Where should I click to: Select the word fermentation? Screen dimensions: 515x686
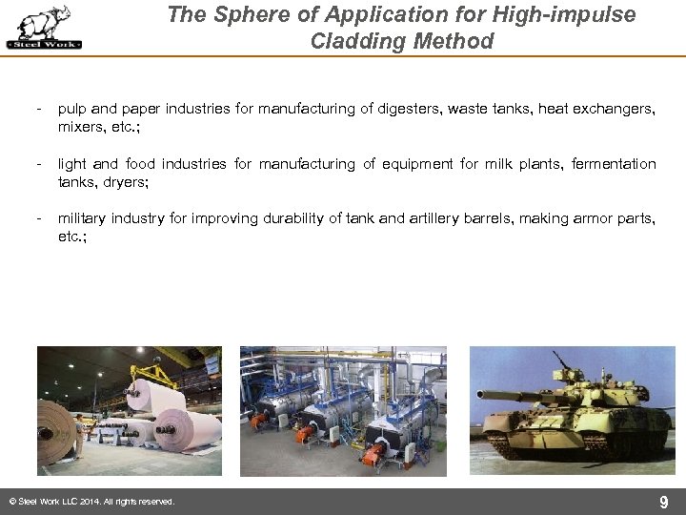614,164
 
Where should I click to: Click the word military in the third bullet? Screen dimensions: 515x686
82,218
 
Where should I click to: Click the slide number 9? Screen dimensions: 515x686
664,502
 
